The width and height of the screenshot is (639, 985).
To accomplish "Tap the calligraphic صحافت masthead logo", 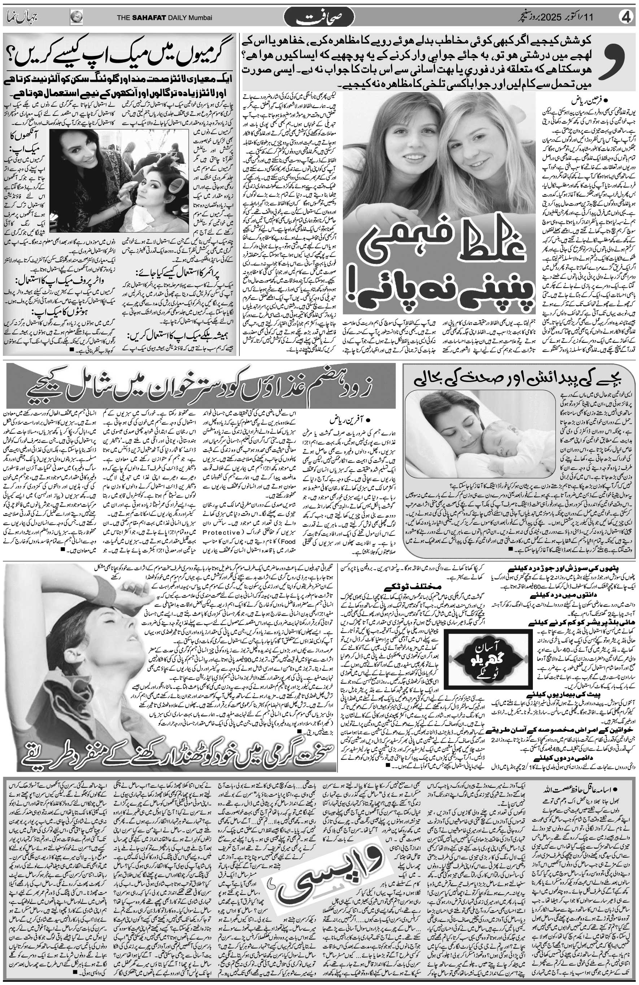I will coord(319,18).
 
